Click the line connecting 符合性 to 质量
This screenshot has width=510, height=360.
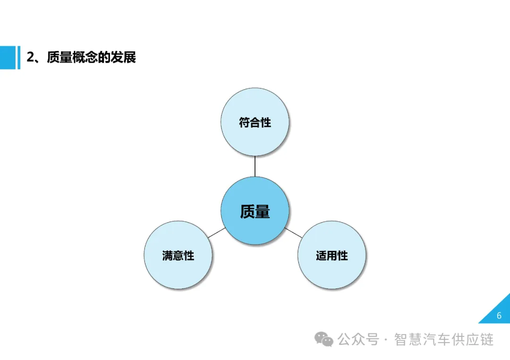[255, 166]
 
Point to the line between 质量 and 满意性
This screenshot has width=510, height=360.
[216, 233]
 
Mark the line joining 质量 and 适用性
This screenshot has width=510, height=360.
[293, 232]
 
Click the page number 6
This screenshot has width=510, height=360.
[499, 316]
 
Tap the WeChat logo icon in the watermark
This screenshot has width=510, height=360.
[324, 339]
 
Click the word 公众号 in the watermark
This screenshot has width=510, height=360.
[358, 339]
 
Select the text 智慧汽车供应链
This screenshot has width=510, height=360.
[444, 339]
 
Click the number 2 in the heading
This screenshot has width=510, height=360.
[30, 58]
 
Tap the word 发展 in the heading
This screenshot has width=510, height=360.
[124, 58]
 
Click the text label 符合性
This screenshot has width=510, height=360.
[255, 123]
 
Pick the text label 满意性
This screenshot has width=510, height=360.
[178, 256]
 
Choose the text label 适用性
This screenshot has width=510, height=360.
[332, 256]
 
